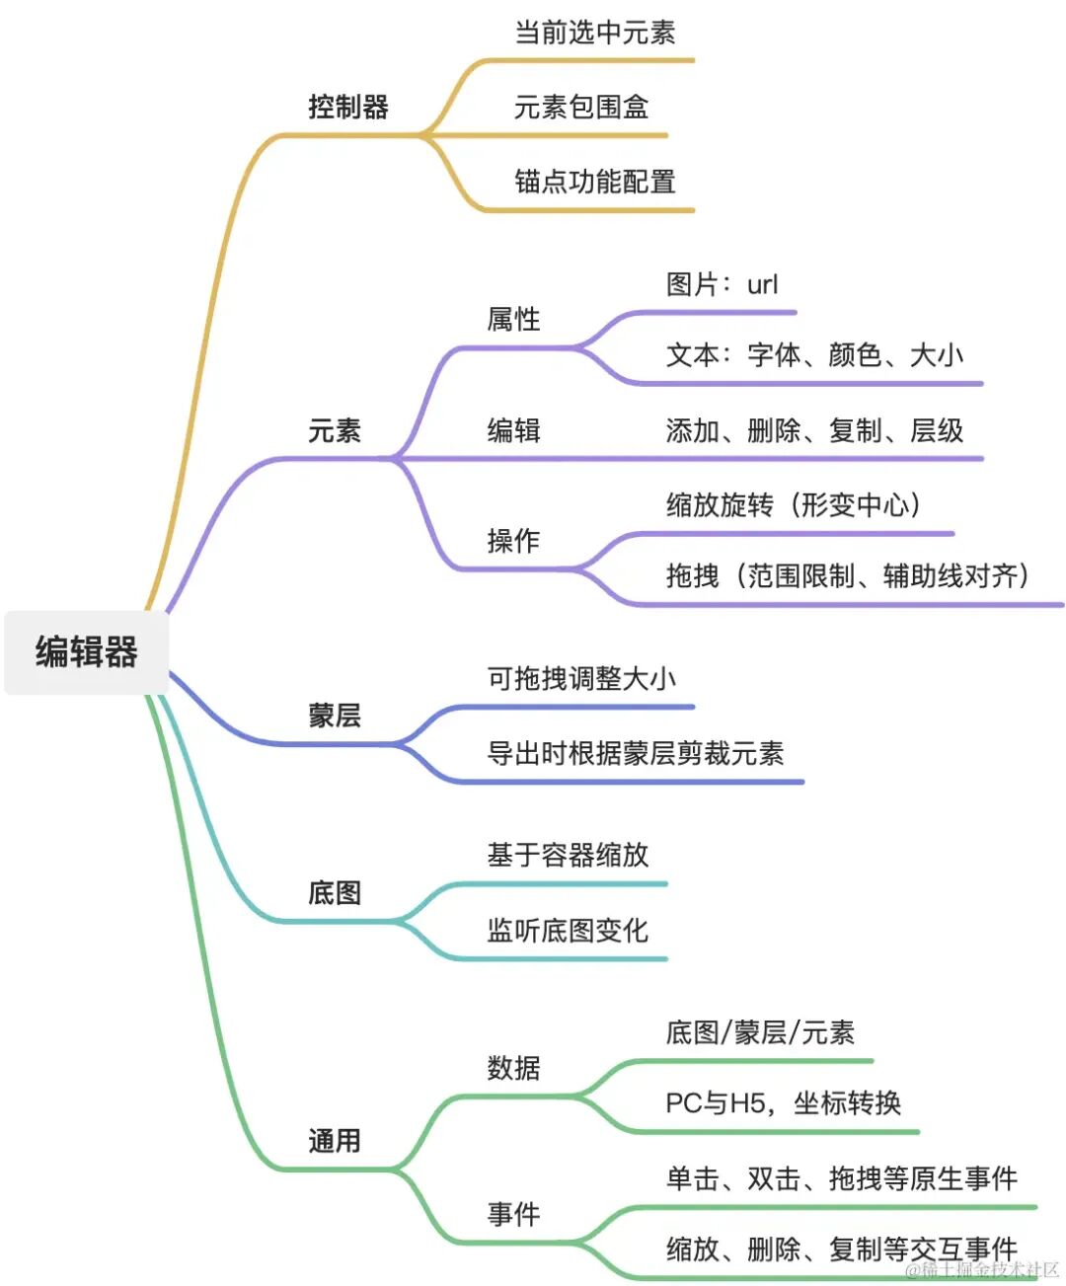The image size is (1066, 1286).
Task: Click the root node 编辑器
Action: tap(87, 652)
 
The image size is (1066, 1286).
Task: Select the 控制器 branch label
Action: tap(348, 107)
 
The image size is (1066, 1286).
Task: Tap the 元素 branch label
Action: tap(335, 430)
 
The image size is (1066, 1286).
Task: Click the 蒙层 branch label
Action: tap(335, 716)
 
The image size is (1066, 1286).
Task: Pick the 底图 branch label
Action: tap(335, 893)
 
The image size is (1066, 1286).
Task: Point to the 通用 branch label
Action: tap(335, 1141)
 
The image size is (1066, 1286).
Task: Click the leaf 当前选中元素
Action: tap(595, 33)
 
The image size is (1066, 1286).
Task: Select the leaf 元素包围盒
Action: tap(581, 107)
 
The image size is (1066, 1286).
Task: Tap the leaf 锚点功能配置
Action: tap(595, 182)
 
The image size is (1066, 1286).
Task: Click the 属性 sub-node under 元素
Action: tap(513, 319)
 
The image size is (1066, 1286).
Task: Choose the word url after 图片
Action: tap(763, 285)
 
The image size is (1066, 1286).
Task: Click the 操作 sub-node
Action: tap(513, 541)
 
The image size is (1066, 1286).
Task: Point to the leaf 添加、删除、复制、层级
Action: tap(814, 430)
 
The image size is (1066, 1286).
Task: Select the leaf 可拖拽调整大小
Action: tap(581, 679)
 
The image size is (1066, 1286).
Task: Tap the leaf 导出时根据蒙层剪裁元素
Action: tap(636, 754)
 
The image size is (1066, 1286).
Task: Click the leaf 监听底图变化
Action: tap(568, 931)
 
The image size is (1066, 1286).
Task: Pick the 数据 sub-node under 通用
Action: tap(513, 1068)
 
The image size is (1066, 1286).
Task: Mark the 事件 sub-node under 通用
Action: tap(513, 1214)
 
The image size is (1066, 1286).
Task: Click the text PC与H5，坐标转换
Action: tap(784, 1103)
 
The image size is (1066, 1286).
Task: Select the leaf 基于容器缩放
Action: tap(568, 855)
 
